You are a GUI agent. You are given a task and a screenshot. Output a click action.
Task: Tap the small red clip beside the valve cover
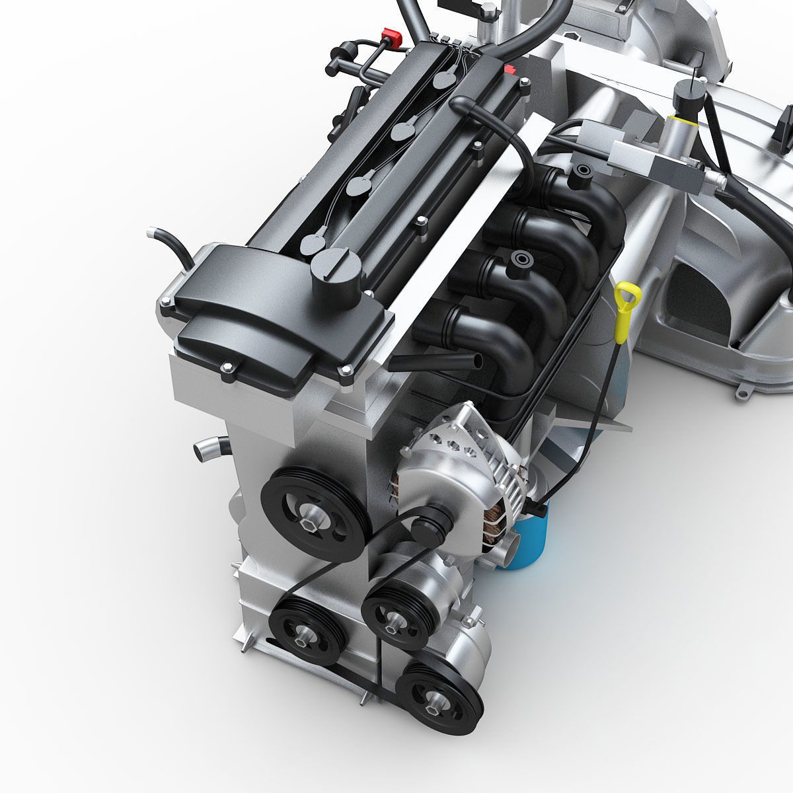click(509, 70)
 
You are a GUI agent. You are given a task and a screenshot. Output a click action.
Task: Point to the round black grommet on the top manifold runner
click(581, 172)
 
